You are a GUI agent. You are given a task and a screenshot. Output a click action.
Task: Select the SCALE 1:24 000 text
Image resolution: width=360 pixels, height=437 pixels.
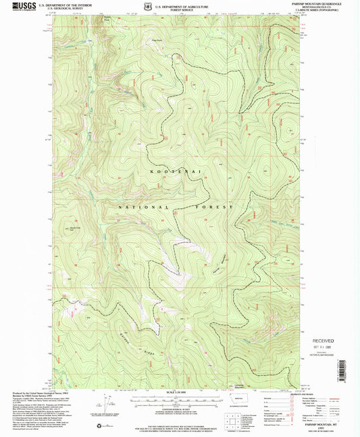pos(180,392)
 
